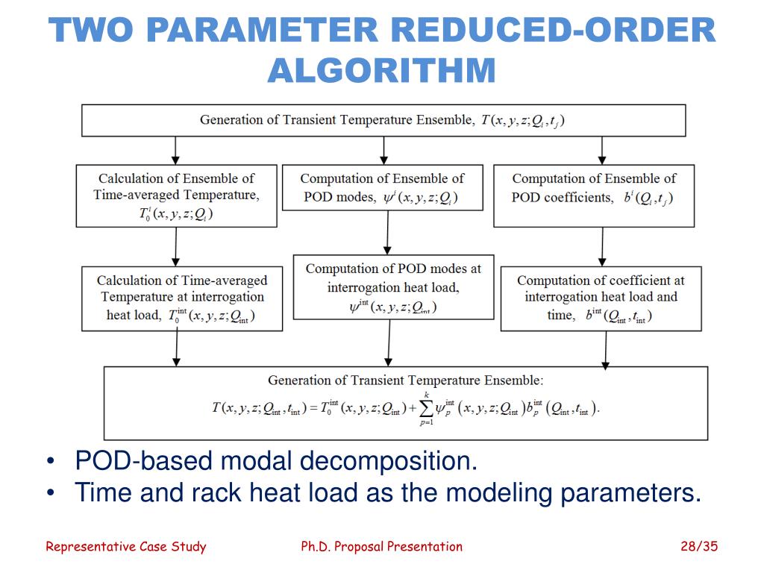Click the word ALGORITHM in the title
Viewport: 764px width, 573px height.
coord(381,70)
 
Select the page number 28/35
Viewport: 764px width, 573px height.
coord(698,546)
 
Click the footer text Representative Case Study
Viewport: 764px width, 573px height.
coord(126,546)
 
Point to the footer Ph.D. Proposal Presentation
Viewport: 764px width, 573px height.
coord(381,546)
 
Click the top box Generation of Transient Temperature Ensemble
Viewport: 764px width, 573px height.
coord(383,120)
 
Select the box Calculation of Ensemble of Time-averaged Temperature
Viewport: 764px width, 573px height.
coord(176,195)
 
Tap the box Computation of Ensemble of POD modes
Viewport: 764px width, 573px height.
coord(382,187)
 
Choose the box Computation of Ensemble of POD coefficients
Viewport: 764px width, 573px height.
coord(594,195)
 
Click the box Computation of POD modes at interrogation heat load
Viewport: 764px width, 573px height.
coord(393,287)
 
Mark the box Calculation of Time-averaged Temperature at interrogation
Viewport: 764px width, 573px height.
coord(182,298)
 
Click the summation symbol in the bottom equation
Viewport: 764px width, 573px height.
coord(427,407)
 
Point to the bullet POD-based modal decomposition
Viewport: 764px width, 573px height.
coord(276,461)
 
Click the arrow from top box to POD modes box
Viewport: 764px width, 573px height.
coord(383,150)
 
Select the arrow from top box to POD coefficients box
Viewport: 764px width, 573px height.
coord(602,150)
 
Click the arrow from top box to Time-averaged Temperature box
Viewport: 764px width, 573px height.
coord(175,150)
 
